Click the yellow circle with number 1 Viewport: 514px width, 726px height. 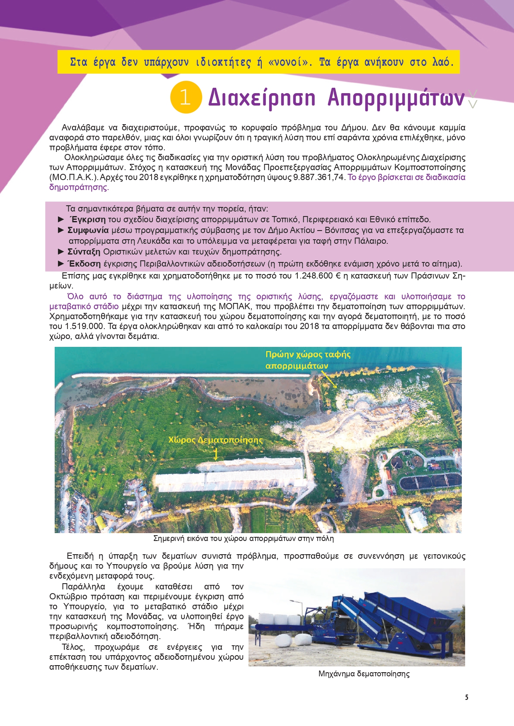186,97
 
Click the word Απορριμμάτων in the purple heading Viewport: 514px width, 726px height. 396,98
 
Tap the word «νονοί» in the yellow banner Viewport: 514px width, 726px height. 290,62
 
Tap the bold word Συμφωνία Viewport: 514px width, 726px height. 88,230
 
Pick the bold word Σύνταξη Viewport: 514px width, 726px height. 84,252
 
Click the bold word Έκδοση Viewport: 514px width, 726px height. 84,264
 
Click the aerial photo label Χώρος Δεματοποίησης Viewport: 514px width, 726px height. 215,440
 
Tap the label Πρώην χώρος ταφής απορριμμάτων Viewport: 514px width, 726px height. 308,360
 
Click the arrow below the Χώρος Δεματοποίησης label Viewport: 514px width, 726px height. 216,454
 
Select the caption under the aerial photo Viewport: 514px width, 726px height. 243,538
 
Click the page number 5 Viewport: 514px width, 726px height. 467,697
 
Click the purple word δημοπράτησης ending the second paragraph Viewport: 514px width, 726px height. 78,188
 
